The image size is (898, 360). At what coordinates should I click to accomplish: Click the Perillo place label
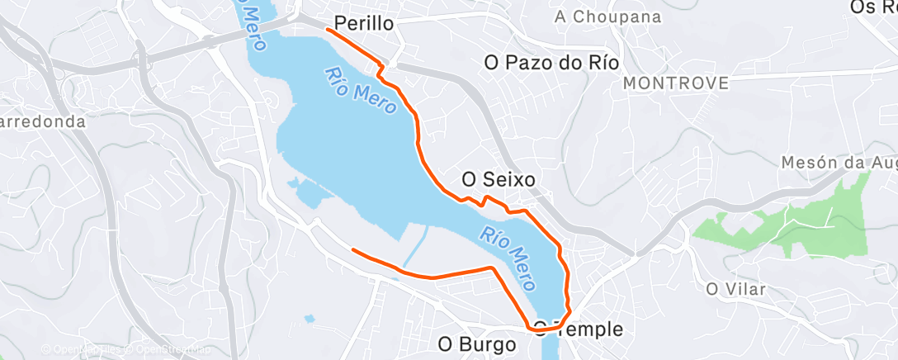(364, 23)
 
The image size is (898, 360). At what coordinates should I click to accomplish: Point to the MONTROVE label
(677, 83)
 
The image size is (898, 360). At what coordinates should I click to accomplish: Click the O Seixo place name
(499, 178)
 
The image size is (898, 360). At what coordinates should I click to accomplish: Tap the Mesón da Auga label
(839, 163)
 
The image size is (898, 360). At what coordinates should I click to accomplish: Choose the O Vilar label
(736, 289)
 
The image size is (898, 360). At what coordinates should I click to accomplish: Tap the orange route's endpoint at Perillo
(328, 29)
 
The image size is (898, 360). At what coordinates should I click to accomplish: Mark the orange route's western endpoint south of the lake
(353, 249)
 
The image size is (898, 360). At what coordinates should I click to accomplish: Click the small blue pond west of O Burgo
(310, 318)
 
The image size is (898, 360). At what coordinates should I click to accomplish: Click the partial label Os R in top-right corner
(873, 7)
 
